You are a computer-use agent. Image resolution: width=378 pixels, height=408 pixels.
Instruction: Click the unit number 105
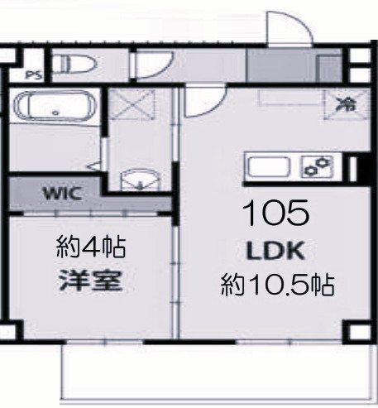click(x=275, y=214)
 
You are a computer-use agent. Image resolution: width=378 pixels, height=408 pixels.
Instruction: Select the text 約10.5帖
click(x=276, y=286)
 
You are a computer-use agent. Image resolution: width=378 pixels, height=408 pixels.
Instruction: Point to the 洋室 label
click(x=90, y=281)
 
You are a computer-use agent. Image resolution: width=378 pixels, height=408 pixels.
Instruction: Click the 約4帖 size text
click(x=90, y=246)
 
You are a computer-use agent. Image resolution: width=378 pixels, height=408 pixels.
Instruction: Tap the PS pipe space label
click(x=34, y=74)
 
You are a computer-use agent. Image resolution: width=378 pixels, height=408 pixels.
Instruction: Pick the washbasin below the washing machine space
click(x=137, y=179)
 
